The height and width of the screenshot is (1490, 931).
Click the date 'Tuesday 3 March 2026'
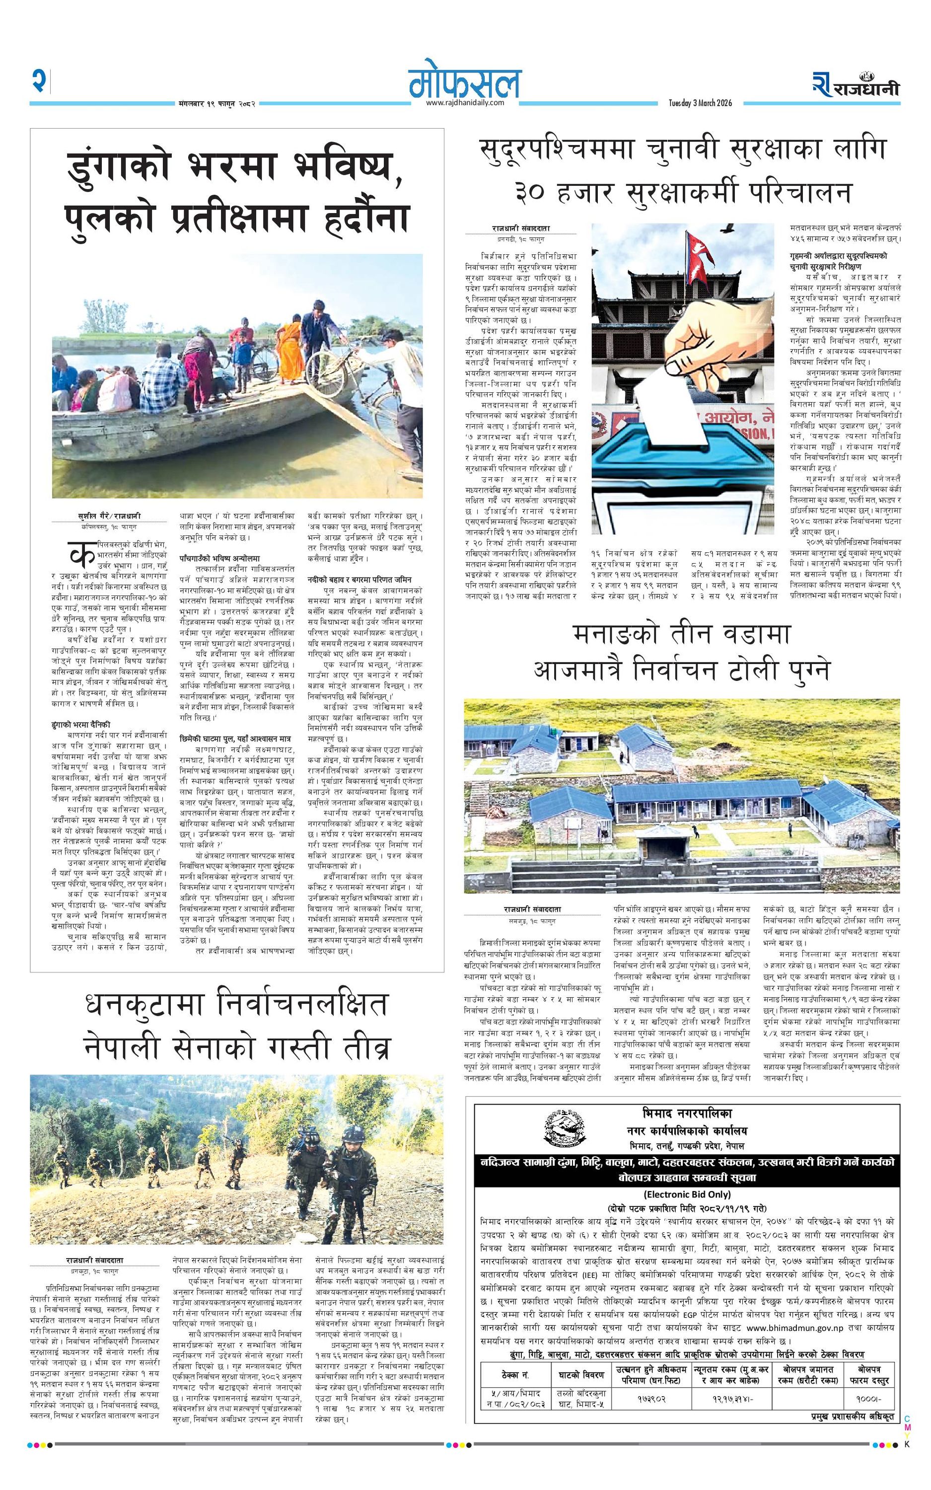pos(700,103)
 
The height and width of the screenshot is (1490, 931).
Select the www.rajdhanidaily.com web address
pos(465,103)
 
